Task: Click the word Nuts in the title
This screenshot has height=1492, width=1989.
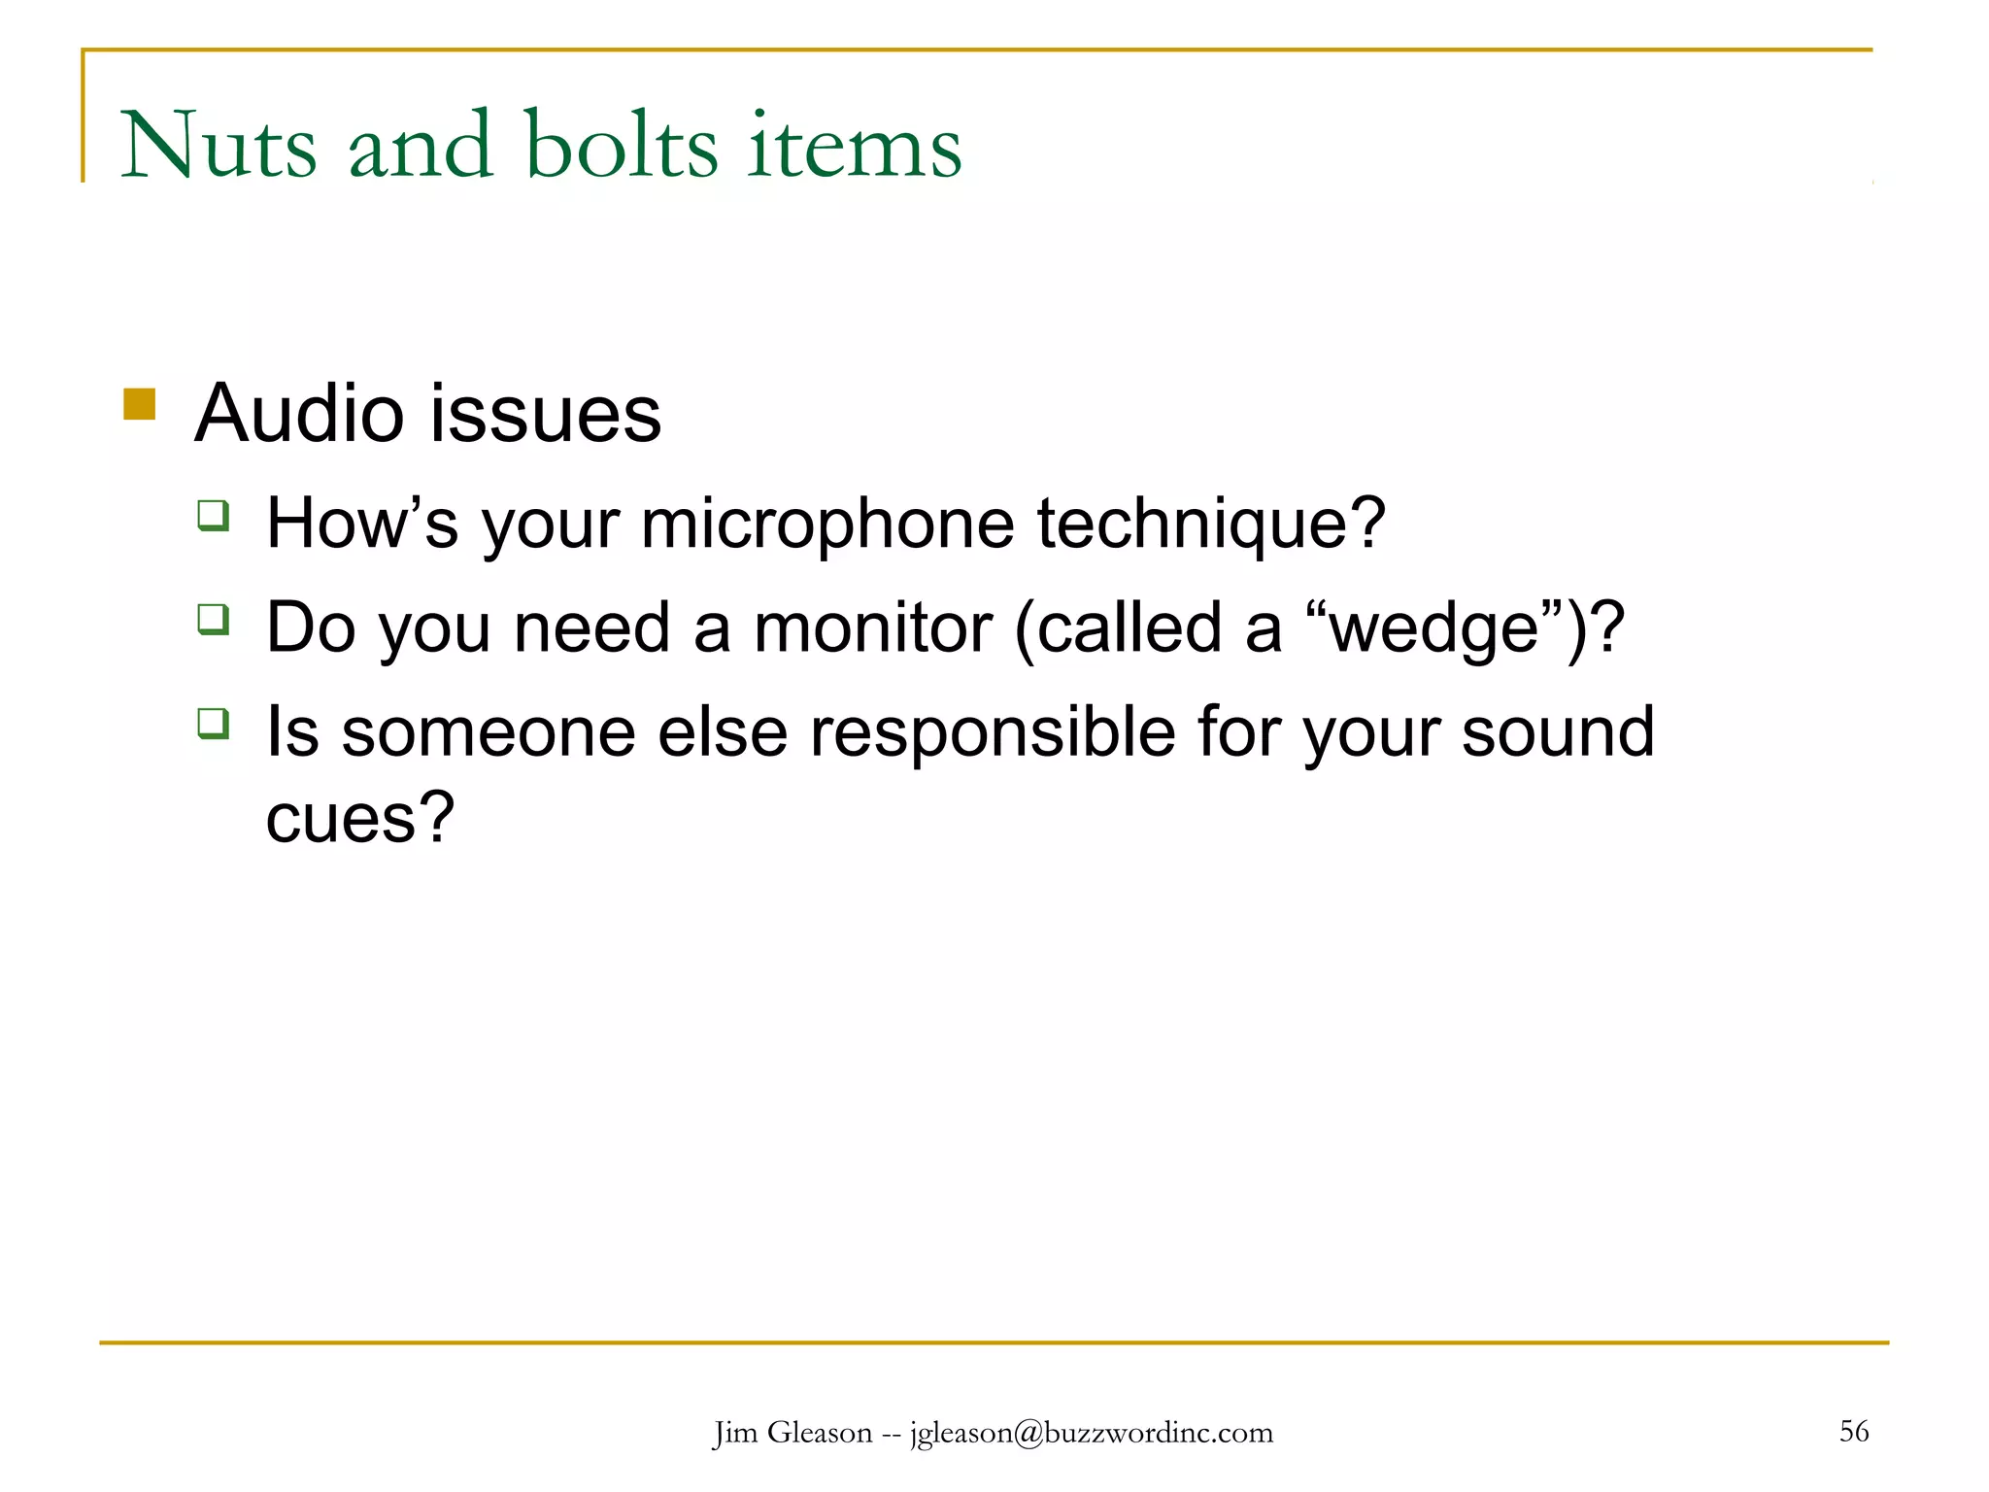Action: (219, 146)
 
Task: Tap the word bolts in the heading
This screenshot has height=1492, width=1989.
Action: (622, 146)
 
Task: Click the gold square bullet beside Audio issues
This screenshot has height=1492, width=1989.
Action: (140, 404)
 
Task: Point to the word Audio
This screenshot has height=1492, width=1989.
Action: (298, 414)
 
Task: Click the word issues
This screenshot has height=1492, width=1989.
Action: (546, 414)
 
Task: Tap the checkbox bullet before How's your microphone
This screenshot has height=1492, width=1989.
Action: (213, 515)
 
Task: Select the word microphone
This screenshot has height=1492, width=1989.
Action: (827, 525)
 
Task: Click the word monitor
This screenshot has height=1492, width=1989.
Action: (872, 628)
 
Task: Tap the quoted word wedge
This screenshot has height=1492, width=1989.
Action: (1433, 628)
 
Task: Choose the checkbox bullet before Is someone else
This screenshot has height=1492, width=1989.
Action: (213, 724)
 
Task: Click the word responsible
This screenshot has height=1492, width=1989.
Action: (993, 732)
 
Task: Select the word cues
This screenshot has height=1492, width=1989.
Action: (359, 818)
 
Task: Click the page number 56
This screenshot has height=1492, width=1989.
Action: (1853, 1431)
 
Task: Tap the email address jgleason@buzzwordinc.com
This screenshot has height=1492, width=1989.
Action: (1091, 1433)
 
